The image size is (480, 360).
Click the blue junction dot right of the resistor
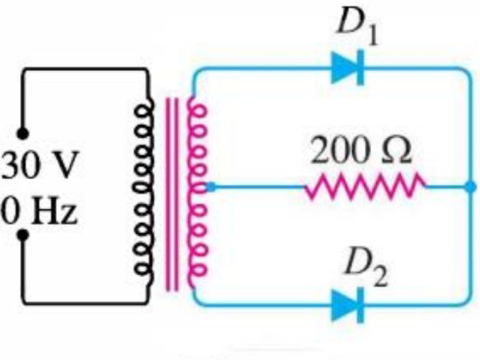pyautogui.click(x=470, y=187)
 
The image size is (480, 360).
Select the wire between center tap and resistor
pyautogui.click(x=259, y=187)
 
